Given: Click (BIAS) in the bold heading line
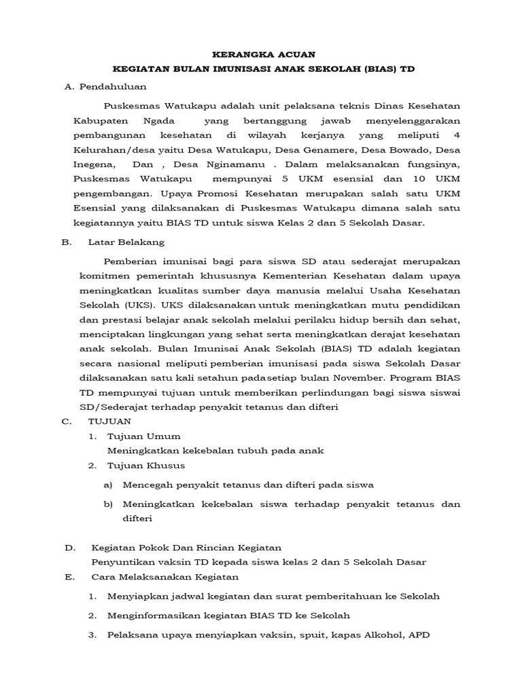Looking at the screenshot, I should pos(378,69).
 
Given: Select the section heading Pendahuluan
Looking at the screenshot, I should pos(112,87).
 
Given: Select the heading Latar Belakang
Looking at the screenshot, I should pos(126,242).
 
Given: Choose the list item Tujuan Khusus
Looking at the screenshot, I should pos(146,466).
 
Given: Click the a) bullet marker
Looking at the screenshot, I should pos(107,485).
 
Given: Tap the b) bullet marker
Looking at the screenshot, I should pos(107,504).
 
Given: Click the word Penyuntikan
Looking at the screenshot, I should pos(121,561).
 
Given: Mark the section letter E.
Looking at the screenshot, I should pos(68,577).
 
